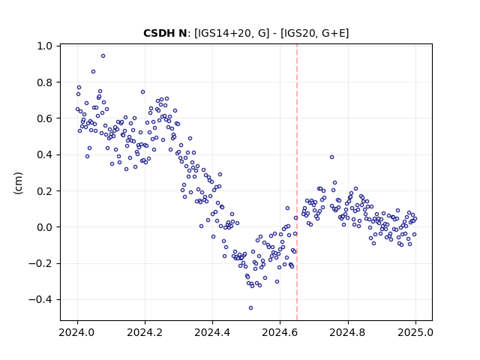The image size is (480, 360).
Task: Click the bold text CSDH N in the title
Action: pyautogui.click(x=165, y=33)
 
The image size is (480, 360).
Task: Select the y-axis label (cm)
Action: pyautogui.click(x=18, y=183)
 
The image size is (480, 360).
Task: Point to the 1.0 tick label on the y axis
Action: pyautogui.click(x=45, y=46)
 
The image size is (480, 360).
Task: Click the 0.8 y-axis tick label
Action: pyautogui.click(x=45, y=82)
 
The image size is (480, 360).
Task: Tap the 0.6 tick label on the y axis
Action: pyautogui.click(x=45, y=118)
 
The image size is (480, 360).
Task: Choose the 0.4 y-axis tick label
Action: pyautogui.click(x=45, y=155)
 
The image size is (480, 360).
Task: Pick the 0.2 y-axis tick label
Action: pyautogui.click(x=45, y=191)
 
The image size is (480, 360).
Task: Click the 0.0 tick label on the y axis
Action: pyautogui.click(x=45, y=227)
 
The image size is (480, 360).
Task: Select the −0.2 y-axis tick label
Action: pyautogui.click(x=40, y=263)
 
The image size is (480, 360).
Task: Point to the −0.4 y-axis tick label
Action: pyautogui.click(x=40, y=300)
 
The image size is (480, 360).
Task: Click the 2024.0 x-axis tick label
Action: pyautogui.click(x=77, y=332)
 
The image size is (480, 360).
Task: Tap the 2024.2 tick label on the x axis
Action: pyautogui.click(x=145, y=332)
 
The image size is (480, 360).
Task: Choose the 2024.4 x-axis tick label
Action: pyautogui.click(x=212, y=332)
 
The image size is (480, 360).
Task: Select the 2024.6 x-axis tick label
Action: pyautogui.click(x=280, y=332)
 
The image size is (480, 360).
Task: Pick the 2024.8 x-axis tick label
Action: pyautogui.click(x=348, y=332)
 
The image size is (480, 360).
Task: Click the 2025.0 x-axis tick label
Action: pyautogui.click(x=415, y=332)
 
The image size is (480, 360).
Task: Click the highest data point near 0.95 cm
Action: pyautogui.click(x=103, y=56)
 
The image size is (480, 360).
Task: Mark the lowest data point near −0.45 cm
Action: pyautogui.click(x=250, y=308)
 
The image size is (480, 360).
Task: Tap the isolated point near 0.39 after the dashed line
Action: pyautogui.click(x=331, y=157)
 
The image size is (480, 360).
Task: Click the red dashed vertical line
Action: pyautogui.click(x=297, y=182)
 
